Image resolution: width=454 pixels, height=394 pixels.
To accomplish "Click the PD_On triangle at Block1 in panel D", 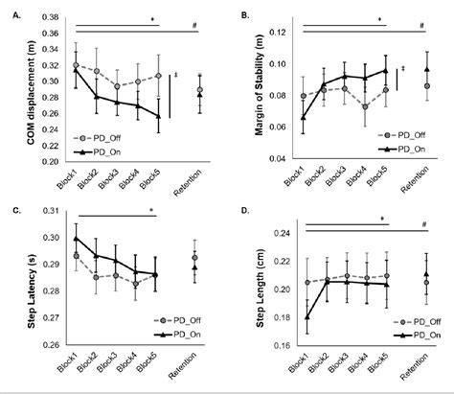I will click(x=306, y=317).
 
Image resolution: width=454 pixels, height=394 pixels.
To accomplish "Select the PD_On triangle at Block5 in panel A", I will click(x=158, y=114).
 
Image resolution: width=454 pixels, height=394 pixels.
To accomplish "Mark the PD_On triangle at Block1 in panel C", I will click(x=77, y=238).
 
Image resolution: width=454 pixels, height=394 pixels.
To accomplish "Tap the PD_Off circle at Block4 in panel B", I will click(x=365, y=106).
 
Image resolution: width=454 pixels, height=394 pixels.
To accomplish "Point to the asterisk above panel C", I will click(x=150, y=210).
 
